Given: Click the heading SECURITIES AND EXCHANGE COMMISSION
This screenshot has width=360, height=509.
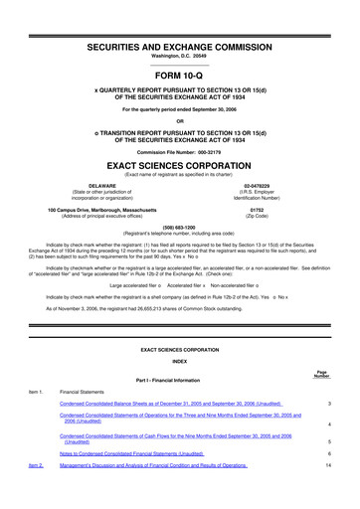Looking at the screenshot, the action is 180,48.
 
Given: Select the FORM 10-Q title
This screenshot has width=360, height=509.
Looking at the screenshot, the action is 180,75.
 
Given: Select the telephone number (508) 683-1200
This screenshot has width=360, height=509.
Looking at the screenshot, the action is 180,225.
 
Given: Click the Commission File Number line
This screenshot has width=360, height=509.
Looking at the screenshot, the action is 180,151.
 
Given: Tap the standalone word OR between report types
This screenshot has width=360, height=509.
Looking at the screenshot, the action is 180,122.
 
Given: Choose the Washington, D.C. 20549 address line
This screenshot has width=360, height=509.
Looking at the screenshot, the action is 180,58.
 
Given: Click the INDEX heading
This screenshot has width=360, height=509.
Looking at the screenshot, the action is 180,361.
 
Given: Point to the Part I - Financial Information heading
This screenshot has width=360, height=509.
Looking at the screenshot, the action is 180,381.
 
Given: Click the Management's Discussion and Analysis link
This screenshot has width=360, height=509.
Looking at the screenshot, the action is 153,465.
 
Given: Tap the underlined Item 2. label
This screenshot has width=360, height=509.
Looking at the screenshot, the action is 36,465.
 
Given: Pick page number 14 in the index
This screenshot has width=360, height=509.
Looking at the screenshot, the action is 327,465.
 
